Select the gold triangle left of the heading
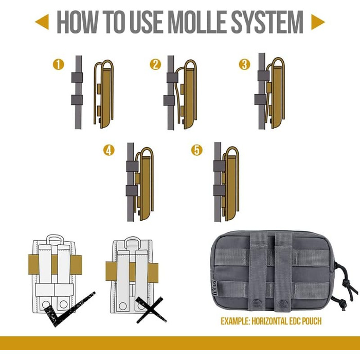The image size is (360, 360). tap(41, 21)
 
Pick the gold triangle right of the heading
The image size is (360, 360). tap(318, 21)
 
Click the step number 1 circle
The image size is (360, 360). tap(59, 65)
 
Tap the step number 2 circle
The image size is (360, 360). tap(155, 65)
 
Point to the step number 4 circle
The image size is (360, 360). tap(109, 150)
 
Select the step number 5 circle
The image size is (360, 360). tap(196, 150)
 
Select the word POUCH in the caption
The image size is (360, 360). tap(310, 321)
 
